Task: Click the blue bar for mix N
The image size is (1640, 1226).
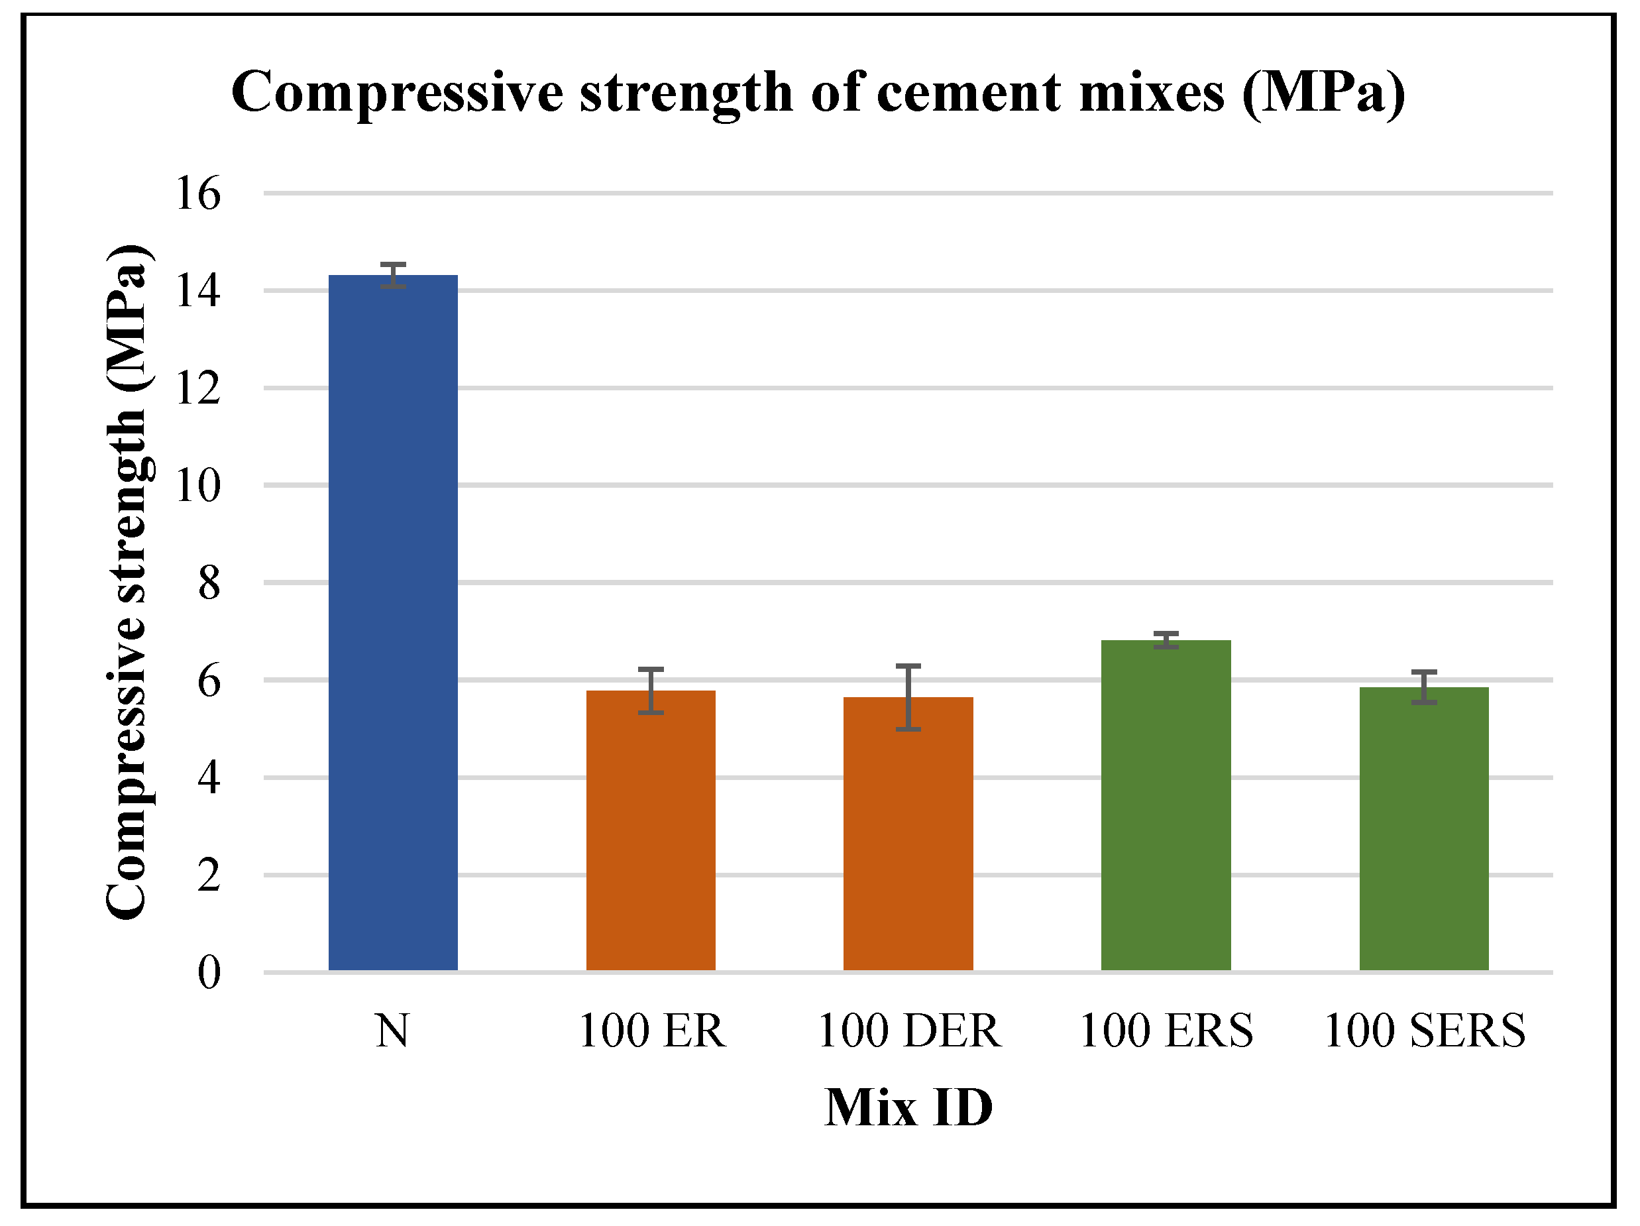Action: click(x=393, y=623)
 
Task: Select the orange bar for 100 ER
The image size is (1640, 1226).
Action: click(x=650, y=830)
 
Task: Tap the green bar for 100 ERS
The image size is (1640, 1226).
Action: click(x=1166, y=805)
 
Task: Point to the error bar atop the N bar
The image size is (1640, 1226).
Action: click(x=393, y=275)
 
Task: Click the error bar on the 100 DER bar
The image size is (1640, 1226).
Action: click(x=908, y=697)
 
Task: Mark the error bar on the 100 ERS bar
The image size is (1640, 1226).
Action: click(x=1166, y=640)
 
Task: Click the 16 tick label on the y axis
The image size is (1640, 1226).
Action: click(x=197, y=194)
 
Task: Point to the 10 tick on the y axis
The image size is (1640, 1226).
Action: click(x=197, y=486)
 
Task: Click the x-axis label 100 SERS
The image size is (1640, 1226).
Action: click(x=1423, y=1031)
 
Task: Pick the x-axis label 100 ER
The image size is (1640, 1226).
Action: click(x=650, y=1031)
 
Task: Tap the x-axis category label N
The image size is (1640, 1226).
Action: click(x=392, y=1031)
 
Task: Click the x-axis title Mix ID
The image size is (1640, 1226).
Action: click(x=908, y=1108)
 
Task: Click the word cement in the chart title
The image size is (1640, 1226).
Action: click(x=967, y=93)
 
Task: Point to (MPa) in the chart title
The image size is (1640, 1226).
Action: click(x=1323, y=93)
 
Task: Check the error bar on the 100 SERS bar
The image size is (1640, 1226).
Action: click(x=1423, y=687)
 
